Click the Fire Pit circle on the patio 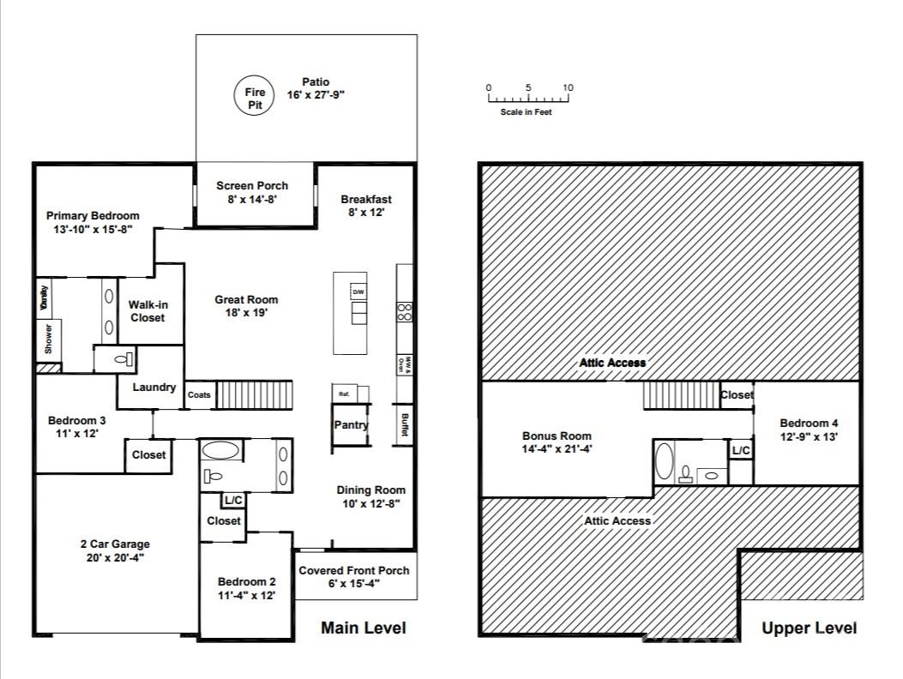tap(256, 96)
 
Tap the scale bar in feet tap(527, 99)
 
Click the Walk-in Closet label tap(147, 310)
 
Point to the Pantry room tap(351, 425)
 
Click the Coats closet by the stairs tap(199, 395)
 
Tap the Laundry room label tap(154, 388)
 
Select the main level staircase tap(254, 395)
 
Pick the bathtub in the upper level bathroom tap(664, 461)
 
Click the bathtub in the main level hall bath tap(221, 450)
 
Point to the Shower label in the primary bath tap(48, 339)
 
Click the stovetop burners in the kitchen tap(405, 310)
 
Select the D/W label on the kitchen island tap(358, 292)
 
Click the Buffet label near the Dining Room tap(405, 426)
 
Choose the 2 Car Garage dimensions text tap(116, 558)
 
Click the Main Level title tap(363, 628)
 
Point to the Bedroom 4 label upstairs tap(809, 423)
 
